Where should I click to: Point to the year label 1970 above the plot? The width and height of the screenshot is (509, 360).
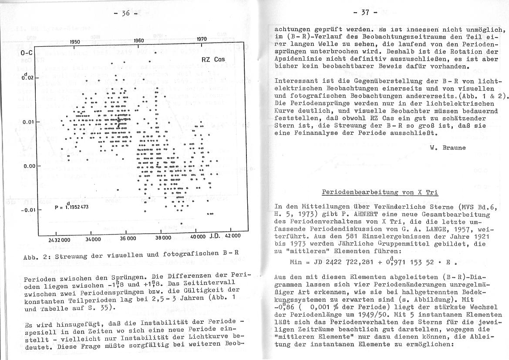pyautogui.click(x=201, y=39)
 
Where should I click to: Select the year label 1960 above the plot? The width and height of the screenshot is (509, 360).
pyautogui.click(x=138, y=41)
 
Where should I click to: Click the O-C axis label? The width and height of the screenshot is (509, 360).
pyautogui.click(x=27, y=53)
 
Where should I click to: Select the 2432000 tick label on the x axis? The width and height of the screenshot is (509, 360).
pyautogui.click(x=59, y=239)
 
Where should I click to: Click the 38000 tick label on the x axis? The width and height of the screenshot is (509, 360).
pyautogui.click(x=163, y=238)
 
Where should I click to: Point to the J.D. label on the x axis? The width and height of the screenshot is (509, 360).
pyautogui.click(x=216, y=236)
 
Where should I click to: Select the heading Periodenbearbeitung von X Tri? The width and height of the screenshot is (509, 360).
pyautogui.click(x=379, y=192)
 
